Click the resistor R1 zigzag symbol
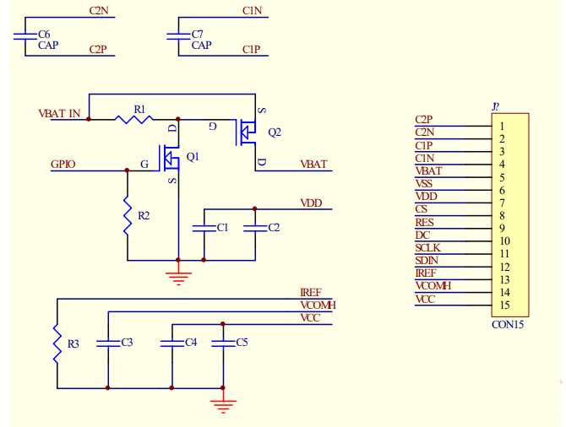(136, 119)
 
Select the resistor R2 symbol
(128, 217)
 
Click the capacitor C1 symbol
(204, 228)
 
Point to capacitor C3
(107, 343)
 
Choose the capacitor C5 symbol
(222, 343)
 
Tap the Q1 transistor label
(193, 157)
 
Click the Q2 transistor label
(274, 132)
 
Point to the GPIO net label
(63, 164)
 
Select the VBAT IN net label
(60, 113)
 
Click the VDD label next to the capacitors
(311, 203)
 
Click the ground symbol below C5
(222, 405)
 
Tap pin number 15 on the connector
(503, 305)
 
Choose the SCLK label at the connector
(427, 247)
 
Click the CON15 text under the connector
(508, 323)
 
